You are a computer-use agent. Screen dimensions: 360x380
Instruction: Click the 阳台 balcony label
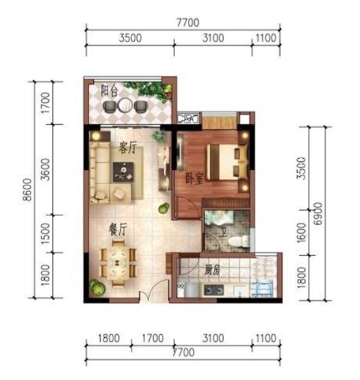point(109,91)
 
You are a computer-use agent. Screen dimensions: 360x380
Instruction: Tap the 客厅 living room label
point(128,147)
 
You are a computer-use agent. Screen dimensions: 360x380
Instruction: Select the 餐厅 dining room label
point(118,229)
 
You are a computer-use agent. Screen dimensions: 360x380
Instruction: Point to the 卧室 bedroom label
point(194,178)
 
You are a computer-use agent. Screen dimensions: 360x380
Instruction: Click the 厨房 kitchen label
point(212,270)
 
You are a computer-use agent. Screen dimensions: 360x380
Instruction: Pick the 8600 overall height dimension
point(27,189)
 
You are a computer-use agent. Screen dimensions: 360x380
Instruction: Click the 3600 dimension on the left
point(46,169)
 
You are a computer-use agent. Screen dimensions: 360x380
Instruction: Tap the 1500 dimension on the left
point(46,234)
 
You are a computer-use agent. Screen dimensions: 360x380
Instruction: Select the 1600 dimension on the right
point(301,233)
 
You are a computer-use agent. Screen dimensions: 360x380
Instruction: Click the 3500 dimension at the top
point(130,38)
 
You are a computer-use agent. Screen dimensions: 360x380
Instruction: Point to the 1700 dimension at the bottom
point(152,338)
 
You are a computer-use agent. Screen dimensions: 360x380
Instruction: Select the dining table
point(118,263)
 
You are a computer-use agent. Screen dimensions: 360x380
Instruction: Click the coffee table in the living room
point(123,172)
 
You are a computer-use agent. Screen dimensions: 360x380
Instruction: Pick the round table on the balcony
point(125,105)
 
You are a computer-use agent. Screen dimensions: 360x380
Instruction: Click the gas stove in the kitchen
point(214,290)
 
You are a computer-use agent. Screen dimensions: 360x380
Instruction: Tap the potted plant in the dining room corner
point(98,288)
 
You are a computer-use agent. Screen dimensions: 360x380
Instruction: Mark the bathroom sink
point(219,217)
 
